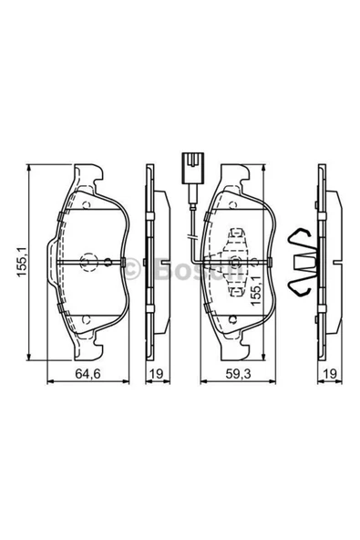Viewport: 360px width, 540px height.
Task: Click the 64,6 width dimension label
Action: coord(87,374)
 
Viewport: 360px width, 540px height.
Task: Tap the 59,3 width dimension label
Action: coord(239,374)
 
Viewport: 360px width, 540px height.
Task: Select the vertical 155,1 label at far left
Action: coord(23,262)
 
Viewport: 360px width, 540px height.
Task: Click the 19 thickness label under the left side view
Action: coord(157,374)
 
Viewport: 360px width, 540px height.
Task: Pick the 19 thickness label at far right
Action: coord(330,374)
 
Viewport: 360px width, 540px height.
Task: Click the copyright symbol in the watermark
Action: coord(132,269)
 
